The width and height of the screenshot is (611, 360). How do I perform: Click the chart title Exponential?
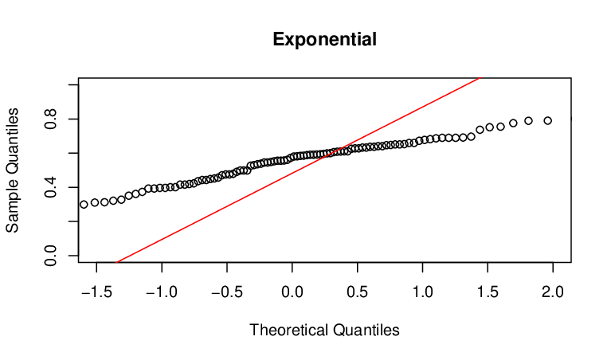tap(324, 39)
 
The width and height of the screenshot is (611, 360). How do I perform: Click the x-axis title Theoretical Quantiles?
tap(324, 330)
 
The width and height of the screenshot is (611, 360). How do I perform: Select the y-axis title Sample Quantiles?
tap(12, 170)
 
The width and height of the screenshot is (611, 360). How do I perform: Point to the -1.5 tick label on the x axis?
tap(96, 292)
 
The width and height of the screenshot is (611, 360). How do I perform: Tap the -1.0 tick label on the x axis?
tap(162, 292)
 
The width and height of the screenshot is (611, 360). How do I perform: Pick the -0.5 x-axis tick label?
tap(227, 292)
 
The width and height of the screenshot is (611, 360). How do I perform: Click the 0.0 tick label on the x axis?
tap(292, 292)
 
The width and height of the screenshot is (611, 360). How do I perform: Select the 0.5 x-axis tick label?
tap(358, 292)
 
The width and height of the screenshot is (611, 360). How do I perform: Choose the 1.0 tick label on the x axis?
tap(423, 292)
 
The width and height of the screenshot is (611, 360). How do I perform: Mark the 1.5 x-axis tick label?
tap(488, 292)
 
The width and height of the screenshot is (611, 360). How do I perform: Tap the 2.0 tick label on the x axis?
tap(553, 292)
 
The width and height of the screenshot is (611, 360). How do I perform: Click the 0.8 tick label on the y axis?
tap(51, 119)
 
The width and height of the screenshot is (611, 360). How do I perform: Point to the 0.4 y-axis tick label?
tap(51, 187)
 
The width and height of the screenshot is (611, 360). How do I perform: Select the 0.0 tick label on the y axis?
tap(51, 256)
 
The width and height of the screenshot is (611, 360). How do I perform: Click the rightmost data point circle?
tap(548, 121)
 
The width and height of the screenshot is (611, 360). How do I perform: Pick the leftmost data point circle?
tap(84, 205)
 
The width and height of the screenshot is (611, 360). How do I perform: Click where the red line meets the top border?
tap(481, 78)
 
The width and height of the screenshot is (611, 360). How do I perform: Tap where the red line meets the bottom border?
tap(117, 262)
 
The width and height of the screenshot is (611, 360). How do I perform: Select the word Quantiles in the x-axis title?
tap(366, 330)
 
